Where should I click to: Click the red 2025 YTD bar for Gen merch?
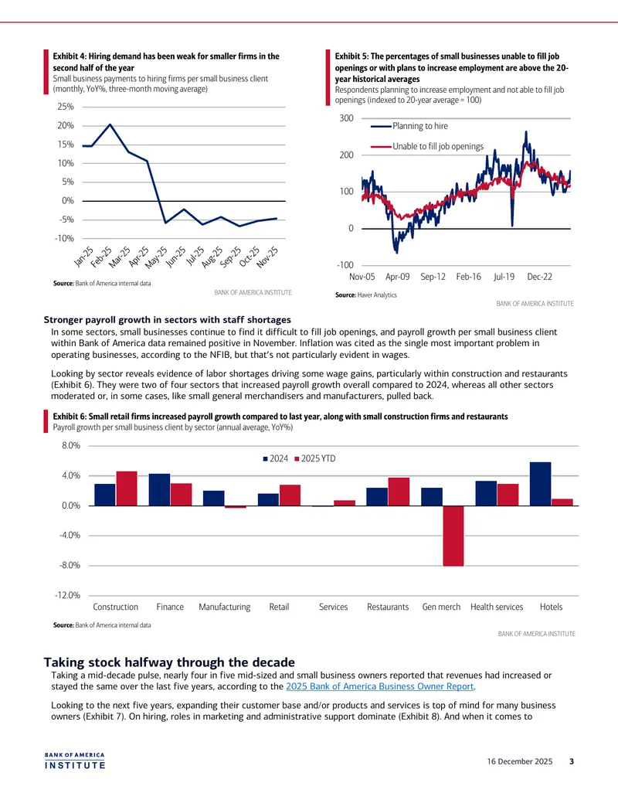453,536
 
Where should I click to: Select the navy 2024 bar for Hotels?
541,484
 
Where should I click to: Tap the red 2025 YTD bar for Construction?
127,489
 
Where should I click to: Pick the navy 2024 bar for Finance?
160,490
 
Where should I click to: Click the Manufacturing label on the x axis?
224,607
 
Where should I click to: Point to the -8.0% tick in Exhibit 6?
71,565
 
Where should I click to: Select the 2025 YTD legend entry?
315,458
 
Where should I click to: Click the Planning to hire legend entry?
409,126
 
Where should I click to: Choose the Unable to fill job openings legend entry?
427,146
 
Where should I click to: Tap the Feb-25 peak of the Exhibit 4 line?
110,124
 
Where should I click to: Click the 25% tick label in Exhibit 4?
65,107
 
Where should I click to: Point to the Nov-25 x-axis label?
268,257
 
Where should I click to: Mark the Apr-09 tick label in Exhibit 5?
397,277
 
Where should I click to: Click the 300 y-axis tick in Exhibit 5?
346,117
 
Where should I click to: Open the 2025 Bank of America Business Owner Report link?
380,686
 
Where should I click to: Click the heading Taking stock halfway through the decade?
169,662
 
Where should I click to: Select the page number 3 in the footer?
572,761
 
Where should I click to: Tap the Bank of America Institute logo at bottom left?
74,761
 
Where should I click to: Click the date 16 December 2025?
520,761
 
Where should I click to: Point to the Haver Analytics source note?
365,295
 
